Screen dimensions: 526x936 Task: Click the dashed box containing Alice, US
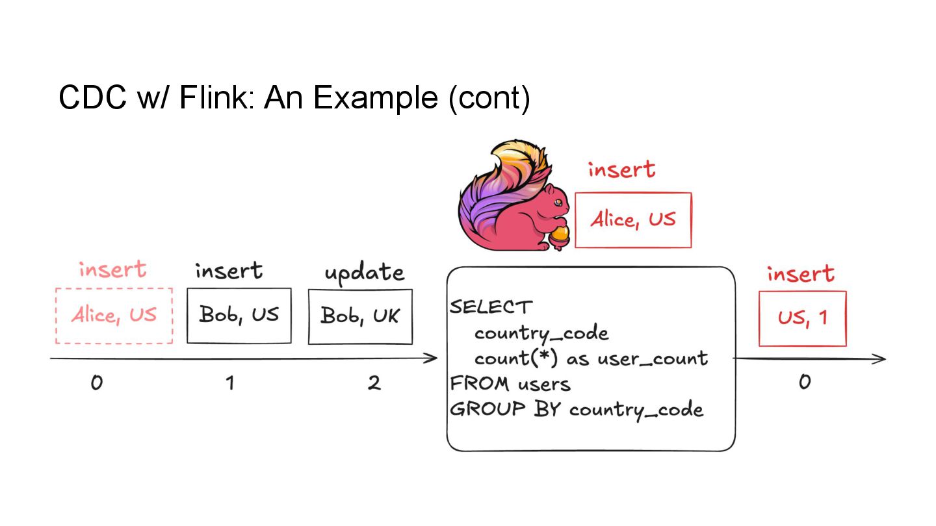[114, 316]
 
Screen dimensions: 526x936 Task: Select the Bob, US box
[239, 315]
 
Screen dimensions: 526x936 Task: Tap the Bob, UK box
[360, 316]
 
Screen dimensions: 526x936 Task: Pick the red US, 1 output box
[802, 318]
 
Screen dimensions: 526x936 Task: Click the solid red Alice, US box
[632, 219]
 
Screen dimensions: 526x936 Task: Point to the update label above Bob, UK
[364, 273]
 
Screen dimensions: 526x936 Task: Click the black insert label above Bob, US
[229, 270]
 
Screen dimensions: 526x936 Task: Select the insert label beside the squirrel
[621, 169]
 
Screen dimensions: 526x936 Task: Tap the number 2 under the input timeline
[374, 383]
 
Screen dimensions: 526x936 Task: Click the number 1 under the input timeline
[229, 383]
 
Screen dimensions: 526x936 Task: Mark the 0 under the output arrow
[804, 382]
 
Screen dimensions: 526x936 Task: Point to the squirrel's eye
[557, 202]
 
